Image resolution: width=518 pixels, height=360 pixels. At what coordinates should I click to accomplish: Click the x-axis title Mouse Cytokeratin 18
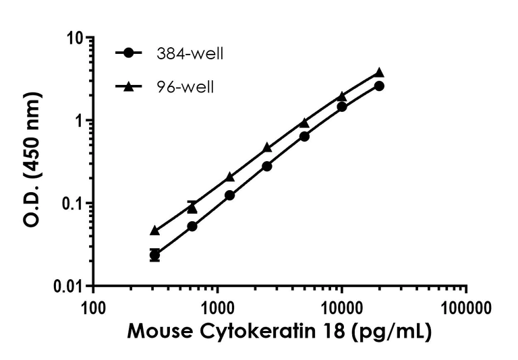pyautogui.click(x=279, y=332)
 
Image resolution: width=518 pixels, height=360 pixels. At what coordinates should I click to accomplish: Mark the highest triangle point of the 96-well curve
pyautogui.click(x=379, y=72)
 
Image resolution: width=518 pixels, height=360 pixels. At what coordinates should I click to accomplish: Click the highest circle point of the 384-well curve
pyautogui.click(x=379, y=86)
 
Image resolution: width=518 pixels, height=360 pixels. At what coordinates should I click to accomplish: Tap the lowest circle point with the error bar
pyautogui.click(x=155, y=255)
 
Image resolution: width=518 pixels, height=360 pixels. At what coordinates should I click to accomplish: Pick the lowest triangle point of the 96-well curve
pyautogui.click(x=155, y=231)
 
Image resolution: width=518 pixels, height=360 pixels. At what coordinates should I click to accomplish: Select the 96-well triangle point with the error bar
pyautogui.click(x=192, y=208)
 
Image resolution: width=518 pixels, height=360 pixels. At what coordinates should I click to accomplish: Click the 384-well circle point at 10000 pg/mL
pyautogui.click(x=342, y=107)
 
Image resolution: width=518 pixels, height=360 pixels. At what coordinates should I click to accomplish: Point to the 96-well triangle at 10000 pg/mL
pyautogui.click(x=342, y=96)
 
